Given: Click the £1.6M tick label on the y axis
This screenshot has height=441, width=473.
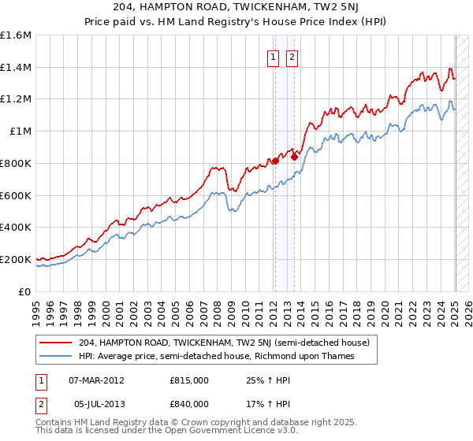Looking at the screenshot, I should point(16,35).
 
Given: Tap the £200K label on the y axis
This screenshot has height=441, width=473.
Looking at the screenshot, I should point(16,259).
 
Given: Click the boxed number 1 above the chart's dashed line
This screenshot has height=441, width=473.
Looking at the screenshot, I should point(273,56).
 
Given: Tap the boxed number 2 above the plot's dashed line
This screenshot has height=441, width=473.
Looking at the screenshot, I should point(292,56).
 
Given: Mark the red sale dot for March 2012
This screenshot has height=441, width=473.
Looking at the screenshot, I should point(275,161).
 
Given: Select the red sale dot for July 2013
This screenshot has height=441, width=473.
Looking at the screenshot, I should point(294,157).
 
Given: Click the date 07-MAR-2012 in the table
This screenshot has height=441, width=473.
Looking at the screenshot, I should point(96,380).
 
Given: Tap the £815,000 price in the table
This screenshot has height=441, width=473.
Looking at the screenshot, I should point(189,380).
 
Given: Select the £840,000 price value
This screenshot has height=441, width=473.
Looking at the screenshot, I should point(189,404).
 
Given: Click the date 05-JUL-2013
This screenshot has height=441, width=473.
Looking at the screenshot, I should point(96,404).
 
